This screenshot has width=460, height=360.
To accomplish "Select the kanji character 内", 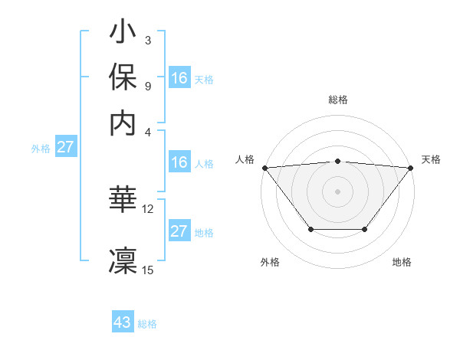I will pyautogui.click(x=123, y=123).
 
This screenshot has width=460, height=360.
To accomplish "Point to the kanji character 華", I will pyautogui.click(x=123, y=200).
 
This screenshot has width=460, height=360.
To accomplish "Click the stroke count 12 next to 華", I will pyautogui.click(x=148, y=208).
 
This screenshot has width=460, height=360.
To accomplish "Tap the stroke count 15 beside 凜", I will pyautogui.click(x=148, y=269).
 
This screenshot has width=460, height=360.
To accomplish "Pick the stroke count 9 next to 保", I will pyautogui.click(x=148, y=86).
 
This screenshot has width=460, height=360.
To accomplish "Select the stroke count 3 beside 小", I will pyautogui.click(x=148, y=40).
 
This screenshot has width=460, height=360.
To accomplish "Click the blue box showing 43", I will pyautogui.click(x=123, y=322).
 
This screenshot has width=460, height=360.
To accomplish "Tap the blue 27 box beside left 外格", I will pyautogui.click(x=65, y=147).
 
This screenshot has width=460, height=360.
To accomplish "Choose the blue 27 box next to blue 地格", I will pyautogui.click(x=179, y=232).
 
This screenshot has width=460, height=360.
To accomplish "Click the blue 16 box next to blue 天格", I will pyautogui.click(x=179, y=78).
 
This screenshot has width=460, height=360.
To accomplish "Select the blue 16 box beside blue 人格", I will pyautogui.click(x=179, y=162).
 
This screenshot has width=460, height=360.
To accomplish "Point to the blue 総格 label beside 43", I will pyautogui.click(x=147, y=324).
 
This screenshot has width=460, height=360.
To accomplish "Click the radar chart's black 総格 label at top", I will pyautogui.click(x=338, y=100).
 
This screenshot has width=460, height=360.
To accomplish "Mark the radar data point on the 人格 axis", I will pyautogui.click(x=264, y=168).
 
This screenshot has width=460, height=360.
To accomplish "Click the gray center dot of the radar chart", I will pyautogui.click(x=337, y=191).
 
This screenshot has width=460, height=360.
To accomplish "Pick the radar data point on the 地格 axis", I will pyautogui.click(x=365, y=229).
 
